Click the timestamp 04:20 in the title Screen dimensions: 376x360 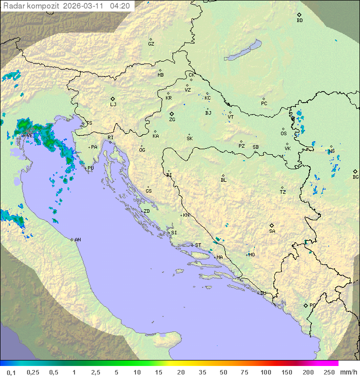120,6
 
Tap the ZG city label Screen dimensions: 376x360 172,120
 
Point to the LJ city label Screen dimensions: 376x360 113,105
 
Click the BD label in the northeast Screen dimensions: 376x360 299,21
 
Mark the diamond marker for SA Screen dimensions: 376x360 272,225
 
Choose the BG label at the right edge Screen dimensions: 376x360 355,177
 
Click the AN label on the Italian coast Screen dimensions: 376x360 77,240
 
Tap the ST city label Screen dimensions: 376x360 198,245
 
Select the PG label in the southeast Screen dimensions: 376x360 312,305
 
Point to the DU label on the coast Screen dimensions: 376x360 262,293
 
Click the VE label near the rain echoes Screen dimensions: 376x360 30,135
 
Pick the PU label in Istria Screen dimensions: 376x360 90,168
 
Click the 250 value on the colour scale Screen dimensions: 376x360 329,372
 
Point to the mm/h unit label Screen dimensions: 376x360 347,372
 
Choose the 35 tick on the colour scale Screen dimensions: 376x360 202,372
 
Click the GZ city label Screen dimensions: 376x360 151,44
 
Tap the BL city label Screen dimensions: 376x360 223,180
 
